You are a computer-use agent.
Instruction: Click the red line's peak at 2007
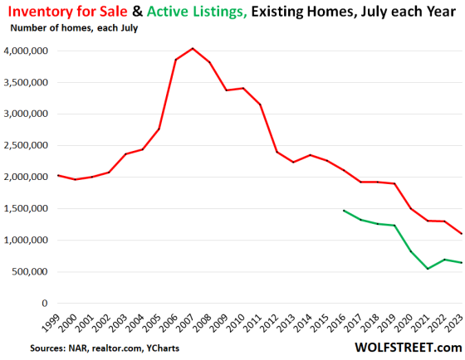point(192,48)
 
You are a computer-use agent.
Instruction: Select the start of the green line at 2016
point(345,211)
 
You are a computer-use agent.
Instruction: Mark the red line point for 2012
point(277,152)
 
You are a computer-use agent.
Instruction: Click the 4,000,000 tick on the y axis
point(27,51)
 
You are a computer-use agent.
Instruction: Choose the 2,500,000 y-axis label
point(27,146)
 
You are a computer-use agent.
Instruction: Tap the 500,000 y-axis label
point(31,272)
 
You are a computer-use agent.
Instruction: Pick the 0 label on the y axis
point(45,304)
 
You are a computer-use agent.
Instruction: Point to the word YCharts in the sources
point(162,347)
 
